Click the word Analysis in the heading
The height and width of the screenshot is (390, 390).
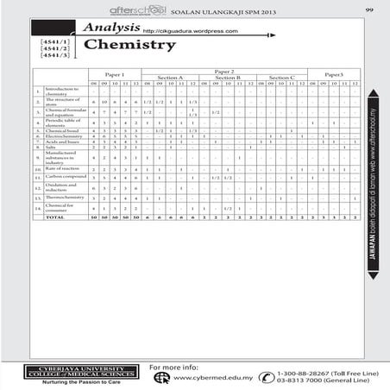tap(112, 28)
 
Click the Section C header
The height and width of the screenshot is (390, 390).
tap(280, 78)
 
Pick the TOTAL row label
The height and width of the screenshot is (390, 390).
tap(55, 217)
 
